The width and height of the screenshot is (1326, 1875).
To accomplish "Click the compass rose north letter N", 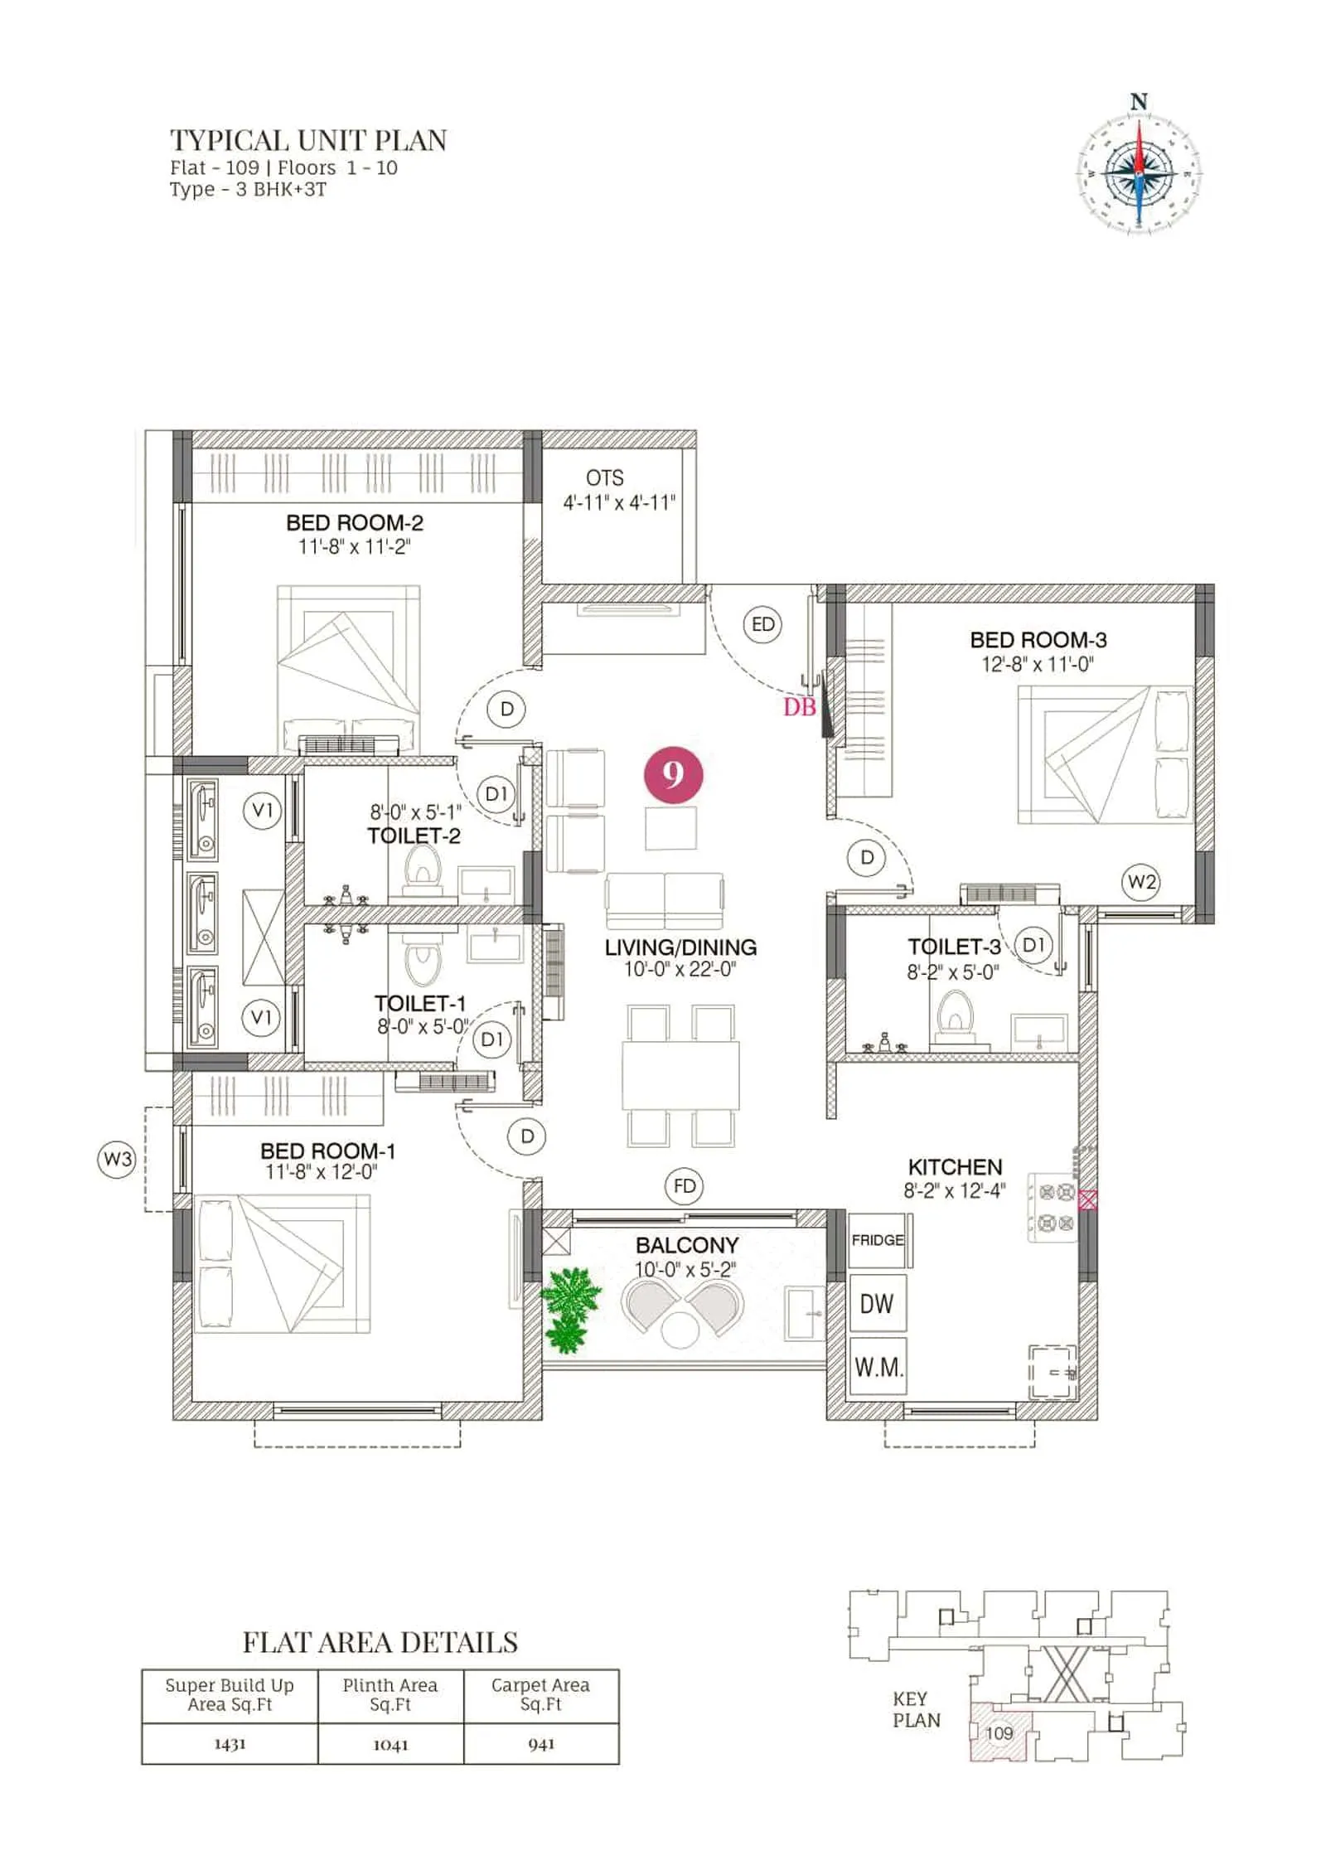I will click(x=1138, y=102).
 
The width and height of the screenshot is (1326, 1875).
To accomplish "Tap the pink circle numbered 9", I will click(x=673, y=774).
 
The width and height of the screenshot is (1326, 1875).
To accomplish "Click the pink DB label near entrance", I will click(x=799, y=707).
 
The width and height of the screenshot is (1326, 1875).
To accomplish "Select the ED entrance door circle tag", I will click(x=762, y=623).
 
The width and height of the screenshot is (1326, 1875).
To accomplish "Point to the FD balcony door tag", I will click(x=685, y=1186).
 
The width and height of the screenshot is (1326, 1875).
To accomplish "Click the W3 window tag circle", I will click(x=116, y=1159).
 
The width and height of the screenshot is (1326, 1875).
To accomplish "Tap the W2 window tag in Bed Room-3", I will click(x=1141, y=882).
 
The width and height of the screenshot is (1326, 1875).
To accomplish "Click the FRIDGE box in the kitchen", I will click(x=877, y=1240).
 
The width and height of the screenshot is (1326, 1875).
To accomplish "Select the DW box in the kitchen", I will click(x=877, y=1304).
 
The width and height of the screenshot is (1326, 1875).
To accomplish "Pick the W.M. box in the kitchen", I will click(x=878, y=1368).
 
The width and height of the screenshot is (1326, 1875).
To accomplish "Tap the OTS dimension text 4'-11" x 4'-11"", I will click(x=619, y=502).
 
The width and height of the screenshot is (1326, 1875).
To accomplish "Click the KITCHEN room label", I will click(x=955, y=1167).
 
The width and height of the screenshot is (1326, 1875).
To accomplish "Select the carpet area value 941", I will click(x=540, y=1744).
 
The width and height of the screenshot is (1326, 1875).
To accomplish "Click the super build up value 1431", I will click(x=230, y=1744).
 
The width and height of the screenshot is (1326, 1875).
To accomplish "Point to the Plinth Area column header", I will click(x=390, y=1694).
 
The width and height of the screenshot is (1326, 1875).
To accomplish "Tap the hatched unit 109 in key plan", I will click(x=1000, y=1732).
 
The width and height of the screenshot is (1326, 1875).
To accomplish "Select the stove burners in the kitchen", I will click(x=1056, y=1207).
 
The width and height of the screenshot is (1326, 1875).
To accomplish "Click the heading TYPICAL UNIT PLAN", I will click(x=308, y=140).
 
